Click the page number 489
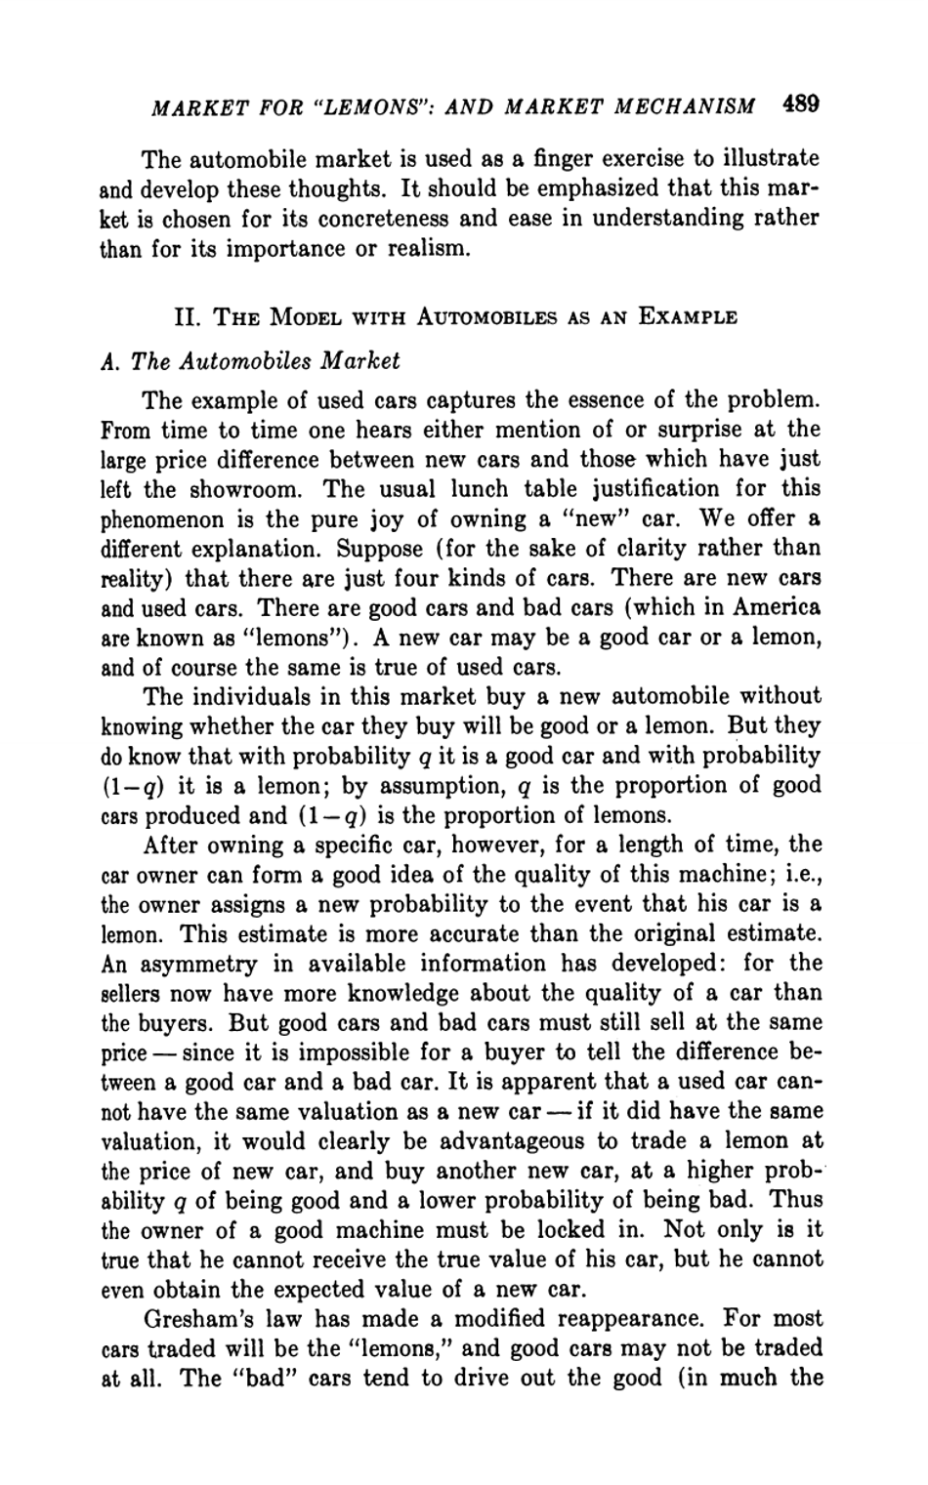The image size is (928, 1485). pos(800,104)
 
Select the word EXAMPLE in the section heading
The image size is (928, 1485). pos(689,317)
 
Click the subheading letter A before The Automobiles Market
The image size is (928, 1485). pos(107,361)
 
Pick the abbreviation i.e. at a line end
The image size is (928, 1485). pos(800,875)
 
